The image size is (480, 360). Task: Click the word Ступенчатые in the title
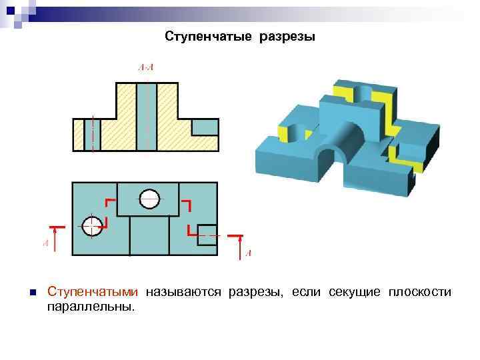tap(205, 37)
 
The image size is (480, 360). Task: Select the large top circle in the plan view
tap(149, 198)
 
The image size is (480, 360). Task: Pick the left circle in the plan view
tap(93, 225)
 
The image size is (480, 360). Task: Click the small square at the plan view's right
tap(207, 231)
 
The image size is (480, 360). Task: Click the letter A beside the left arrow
tap(45, 244)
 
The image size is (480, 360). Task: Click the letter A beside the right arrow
tap(248, 253)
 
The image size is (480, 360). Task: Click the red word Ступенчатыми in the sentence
tap(93, 293)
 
